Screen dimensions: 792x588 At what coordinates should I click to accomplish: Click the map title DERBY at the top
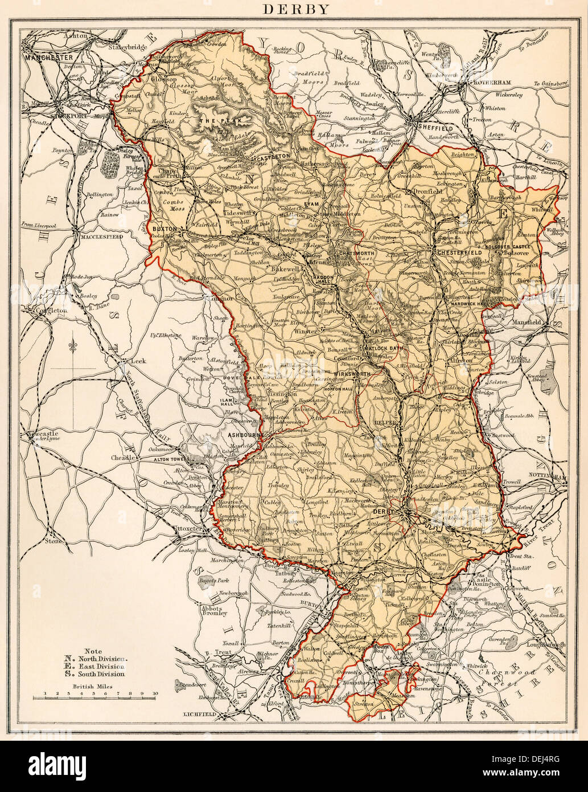(x=294, y=9)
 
